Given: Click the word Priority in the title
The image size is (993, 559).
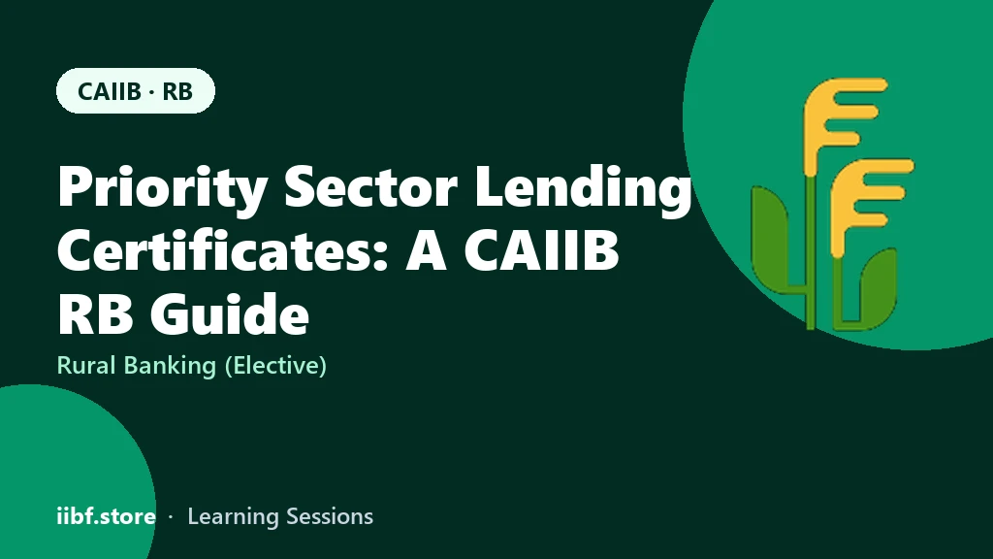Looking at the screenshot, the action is tap(162, 187).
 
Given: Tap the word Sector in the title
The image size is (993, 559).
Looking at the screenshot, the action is tap(370, 186).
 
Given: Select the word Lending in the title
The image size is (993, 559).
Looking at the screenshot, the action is tap(583, 187).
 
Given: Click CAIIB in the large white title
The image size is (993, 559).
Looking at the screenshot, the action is tap(541, 250).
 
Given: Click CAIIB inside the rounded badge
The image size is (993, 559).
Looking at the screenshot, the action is tap(110, 91).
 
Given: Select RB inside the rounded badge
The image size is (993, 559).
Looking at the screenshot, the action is tap(177, 91).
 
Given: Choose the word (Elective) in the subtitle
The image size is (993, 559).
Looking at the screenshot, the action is tap(275, 366).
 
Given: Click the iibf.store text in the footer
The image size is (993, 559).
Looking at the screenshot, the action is tap(107, 516).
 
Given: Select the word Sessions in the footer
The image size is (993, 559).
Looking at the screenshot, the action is tap(330, 516).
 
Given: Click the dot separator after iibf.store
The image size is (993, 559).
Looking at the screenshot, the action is tap(171, 517).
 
